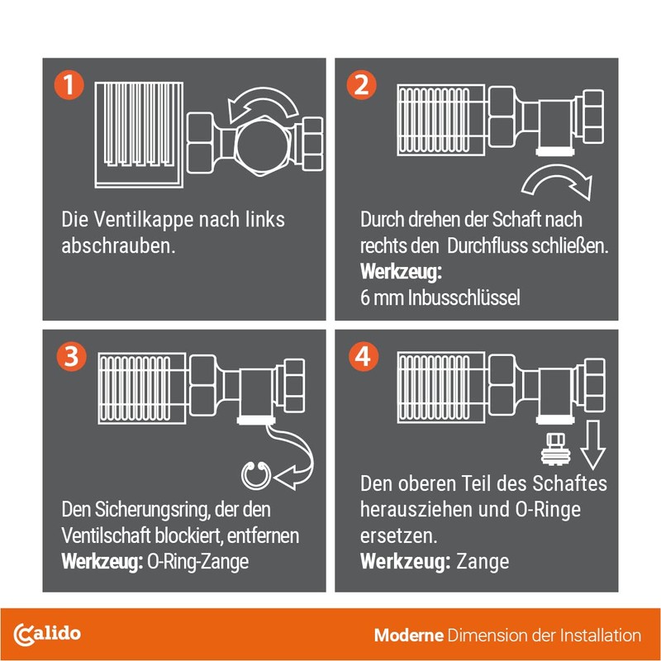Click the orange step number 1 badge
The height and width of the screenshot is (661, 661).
pyautogui.click(x=69, y=85)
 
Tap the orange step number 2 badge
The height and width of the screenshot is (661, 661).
pyautogui.click(x=361, y=85)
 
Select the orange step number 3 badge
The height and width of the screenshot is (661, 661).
pyautogui.click(x=71, y=357)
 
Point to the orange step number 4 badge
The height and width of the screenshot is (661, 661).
pyautogui.click(x=364, y=357)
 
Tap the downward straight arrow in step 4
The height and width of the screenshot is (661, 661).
pyautogui.click(x=592, y=445)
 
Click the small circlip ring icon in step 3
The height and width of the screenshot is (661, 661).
pyautogui.click(x=255, y=476)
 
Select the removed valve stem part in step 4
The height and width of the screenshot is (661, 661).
pyautogui.click(x=556, y=449)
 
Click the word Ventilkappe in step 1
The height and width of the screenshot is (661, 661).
pyautogui.click(x=143, y=220)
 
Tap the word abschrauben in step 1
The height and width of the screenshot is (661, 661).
pyautogui.click(x=118, y=245)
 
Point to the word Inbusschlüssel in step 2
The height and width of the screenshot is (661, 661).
pyautogui.click(x=464, y=297)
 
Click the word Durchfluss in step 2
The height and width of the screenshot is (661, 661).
pyautogui.click(x=487, y=245)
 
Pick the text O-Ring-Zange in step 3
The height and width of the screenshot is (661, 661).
pyautogui.click(x=197, y=562)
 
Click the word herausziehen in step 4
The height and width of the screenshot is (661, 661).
pyautogui.click(x=416, y=509)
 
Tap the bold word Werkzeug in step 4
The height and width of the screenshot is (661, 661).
pyautogui.click(x=405, y=562)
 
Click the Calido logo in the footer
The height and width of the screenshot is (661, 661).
pyautogui.click(x=47, y=635)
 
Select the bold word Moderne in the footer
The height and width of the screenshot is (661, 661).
pyautogui.click(x=408, y=635)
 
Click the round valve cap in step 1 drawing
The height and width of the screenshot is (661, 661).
pyautogui.click(x=259, y=145)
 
